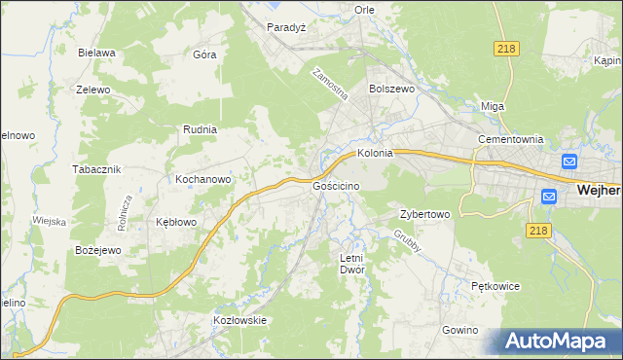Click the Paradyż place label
[x=287, y=27]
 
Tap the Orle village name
[x=365, y=10]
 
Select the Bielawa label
[x=97, y=53]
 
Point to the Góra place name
[x=204, y=54]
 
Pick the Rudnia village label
[x=200, y=128]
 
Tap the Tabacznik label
[x=95, y=168]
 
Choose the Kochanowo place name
[x=202, y=180]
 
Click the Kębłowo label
[x=176, y=222]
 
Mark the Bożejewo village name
[x=97, y=250]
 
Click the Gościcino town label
[x=337, y=185]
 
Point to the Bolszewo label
[x=392, y=88]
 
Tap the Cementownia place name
[x=510, y=139]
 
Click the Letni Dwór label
[x=350, y=264]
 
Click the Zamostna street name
[x=330, y=85]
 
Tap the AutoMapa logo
[x=559, y=342]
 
